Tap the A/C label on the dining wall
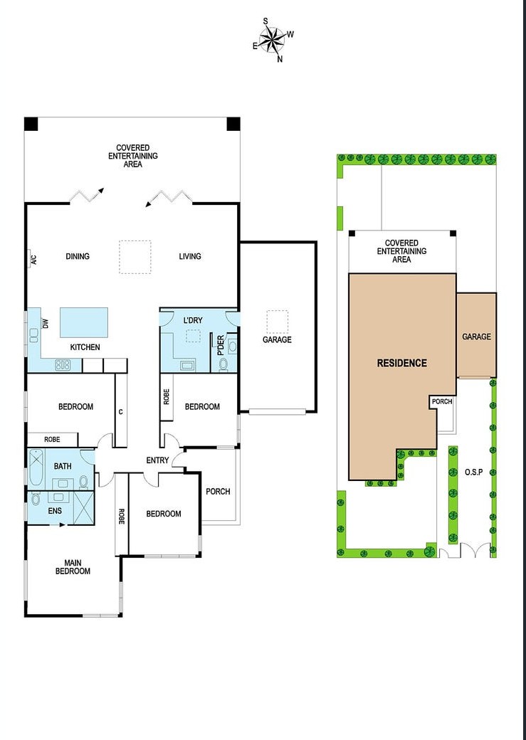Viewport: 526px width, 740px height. point(33,259)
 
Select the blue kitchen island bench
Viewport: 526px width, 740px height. point(84,322)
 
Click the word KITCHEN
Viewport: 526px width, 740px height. point(85,347)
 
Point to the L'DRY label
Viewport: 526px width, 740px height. point(193,321)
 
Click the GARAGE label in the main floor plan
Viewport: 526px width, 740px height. point(277,339)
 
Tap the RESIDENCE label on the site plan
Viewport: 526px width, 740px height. point(402,363)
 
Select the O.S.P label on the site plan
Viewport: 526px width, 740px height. point(474,472)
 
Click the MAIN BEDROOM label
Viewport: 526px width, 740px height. point(73,566)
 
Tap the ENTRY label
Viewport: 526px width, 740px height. point(157,460)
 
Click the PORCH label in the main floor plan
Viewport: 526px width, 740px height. point(218,492)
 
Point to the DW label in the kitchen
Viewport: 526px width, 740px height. point(46,324)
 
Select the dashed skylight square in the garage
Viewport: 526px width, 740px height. point(277,321)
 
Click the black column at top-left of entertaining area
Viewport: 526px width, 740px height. point(31,124)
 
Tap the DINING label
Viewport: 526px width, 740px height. point(78,256)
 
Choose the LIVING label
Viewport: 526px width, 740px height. point(190,256)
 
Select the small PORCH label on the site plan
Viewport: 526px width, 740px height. point(442,402)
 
